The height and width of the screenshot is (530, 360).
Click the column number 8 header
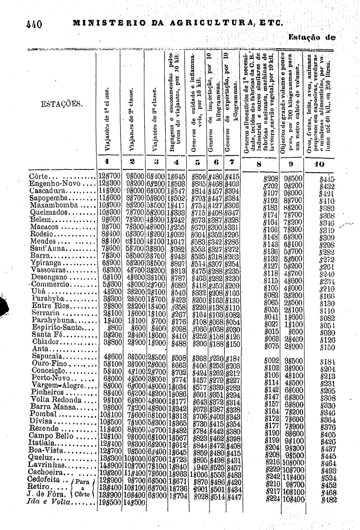point(260,163)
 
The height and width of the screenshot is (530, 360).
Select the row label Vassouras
point(47,272)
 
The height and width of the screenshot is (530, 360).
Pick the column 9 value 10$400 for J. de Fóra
point(290,499)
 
